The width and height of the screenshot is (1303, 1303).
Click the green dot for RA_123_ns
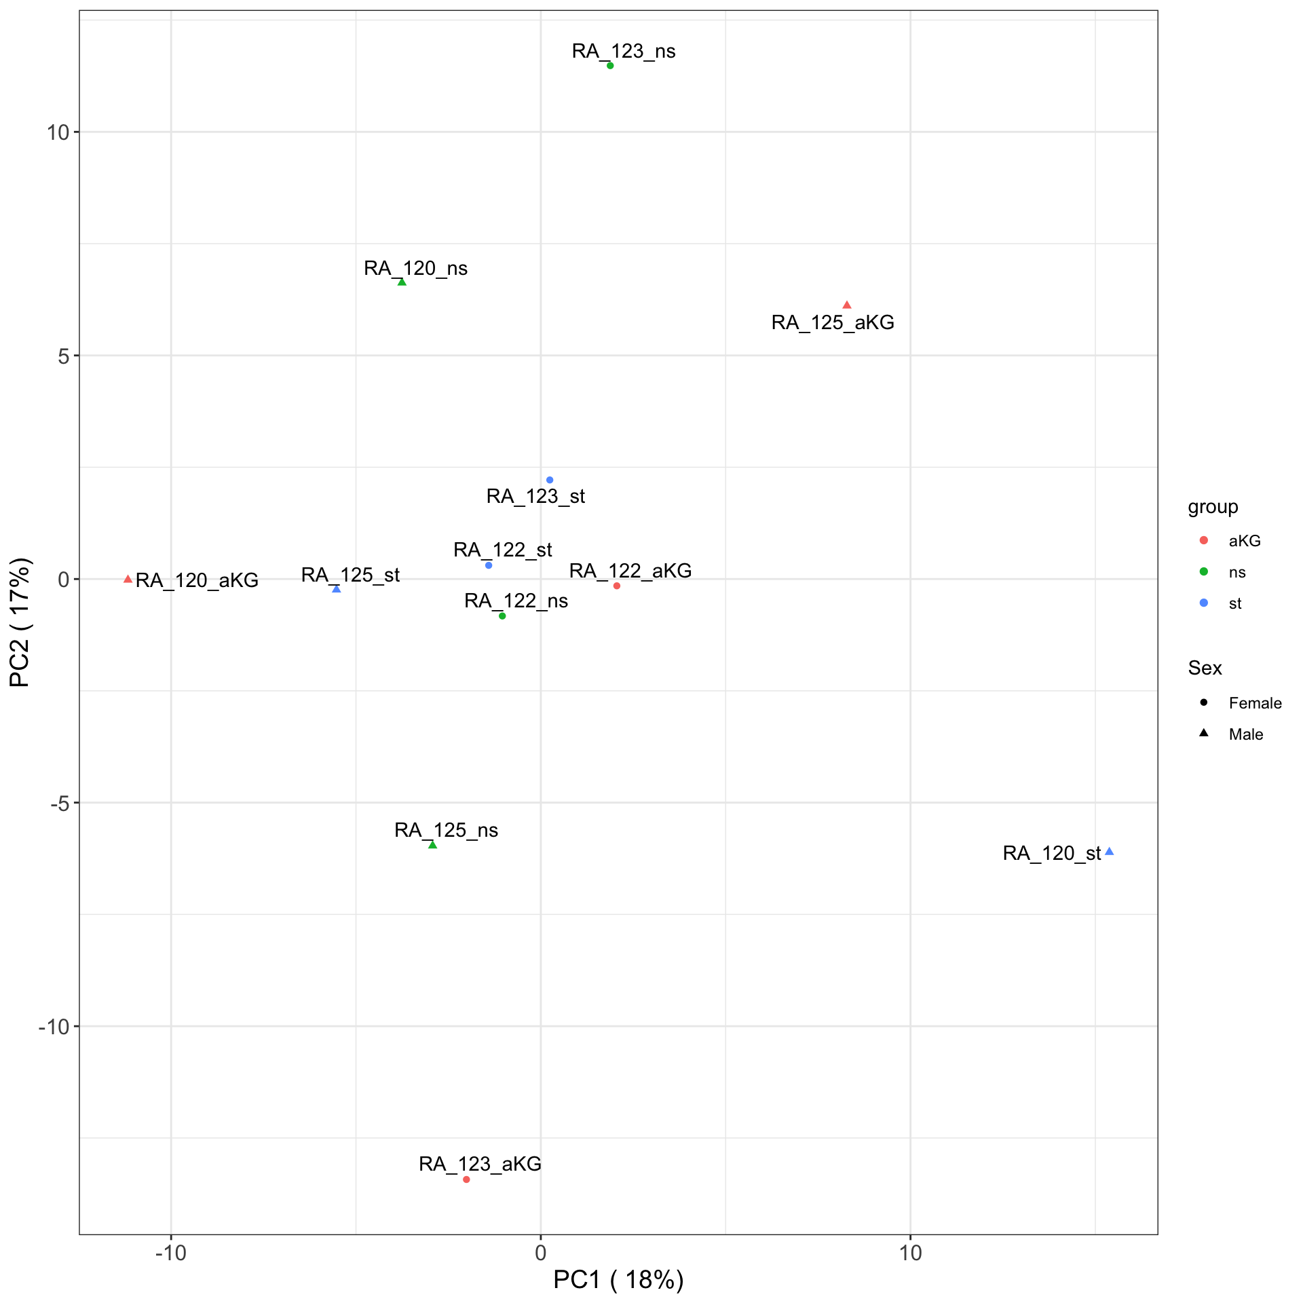[610, 66]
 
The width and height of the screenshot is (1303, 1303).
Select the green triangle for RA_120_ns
[402, 282]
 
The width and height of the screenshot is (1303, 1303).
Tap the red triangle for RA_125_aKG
[846, 305]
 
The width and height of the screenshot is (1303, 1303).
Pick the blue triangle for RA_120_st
[1109, 852]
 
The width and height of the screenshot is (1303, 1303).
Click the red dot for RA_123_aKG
[466, 1179]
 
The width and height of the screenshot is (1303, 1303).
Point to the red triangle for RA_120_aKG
[128, 579]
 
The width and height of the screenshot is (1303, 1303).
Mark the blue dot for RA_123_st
[550, 480]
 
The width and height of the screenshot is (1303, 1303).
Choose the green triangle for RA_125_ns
[432, 845]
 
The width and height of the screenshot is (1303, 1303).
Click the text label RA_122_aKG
[630, 571]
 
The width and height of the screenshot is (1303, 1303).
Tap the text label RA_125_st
[350, 575]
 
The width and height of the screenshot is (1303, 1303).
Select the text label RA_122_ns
[516, 601]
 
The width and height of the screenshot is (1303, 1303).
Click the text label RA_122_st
[502, 549]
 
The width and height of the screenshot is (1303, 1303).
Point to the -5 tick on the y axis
[60, 803]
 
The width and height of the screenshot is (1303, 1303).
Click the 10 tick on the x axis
[910, 1252]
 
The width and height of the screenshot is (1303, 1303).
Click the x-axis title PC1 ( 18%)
[618, 1279]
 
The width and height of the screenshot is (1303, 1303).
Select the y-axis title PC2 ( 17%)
[20, 622]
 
